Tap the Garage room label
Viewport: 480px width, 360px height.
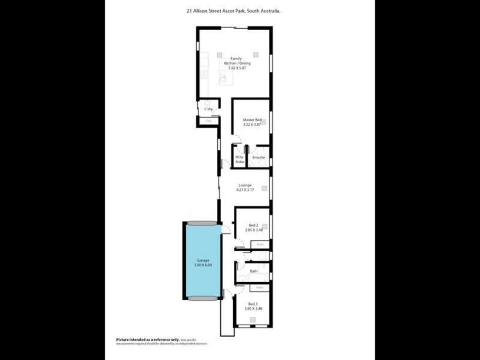(203, 260)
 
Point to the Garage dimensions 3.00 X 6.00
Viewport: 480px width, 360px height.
(203, 265)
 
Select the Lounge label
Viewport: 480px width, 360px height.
(245, 185)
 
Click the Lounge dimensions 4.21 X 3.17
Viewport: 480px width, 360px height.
(245, 190)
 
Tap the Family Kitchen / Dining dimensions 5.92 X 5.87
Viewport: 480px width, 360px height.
(236, 68)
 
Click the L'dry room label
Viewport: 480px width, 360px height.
(209, 109)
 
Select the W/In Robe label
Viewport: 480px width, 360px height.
(239, 160)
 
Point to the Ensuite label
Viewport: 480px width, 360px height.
(259, 157)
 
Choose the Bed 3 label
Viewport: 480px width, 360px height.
(253, 304)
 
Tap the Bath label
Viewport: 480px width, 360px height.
(254, 271)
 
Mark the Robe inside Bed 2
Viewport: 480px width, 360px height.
(260, 244)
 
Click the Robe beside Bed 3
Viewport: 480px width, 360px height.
(260, 287)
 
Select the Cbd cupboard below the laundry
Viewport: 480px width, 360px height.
(209, 121)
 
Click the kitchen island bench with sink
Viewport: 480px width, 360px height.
(223, 76)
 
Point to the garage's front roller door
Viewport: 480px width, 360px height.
(202, 298)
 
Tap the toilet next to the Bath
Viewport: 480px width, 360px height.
(256, 256)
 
